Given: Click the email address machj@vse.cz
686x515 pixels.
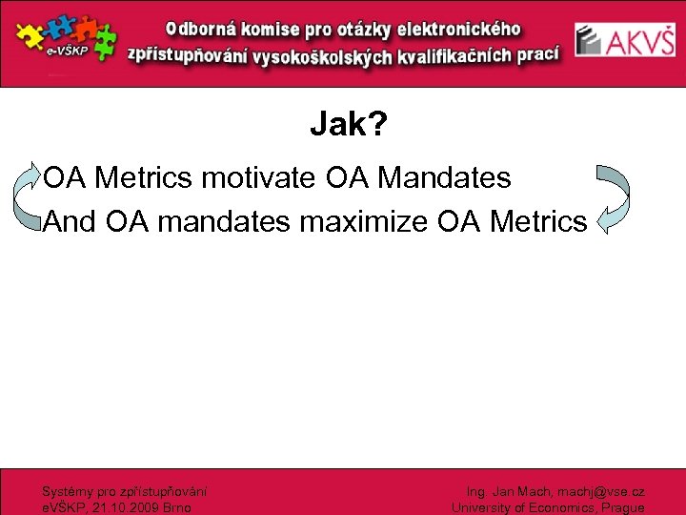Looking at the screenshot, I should (x=602, y=492).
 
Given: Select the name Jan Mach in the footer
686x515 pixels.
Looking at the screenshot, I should (x=516, y=492).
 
